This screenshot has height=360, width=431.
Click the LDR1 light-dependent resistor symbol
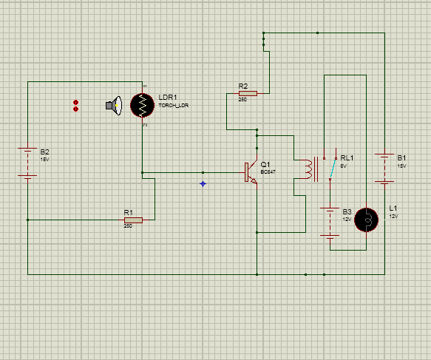142,105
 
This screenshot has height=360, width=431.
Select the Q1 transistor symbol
251,172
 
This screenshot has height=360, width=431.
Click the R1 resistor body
133,220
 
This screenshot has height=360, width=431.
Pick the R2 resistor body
248,93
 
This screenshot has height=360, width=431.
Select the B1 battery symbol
384,168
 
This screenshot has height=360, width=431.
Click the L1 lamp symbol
366,220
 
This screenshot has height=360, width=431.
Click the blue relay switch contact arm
333,168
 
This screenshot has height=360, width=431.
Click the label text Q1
265,164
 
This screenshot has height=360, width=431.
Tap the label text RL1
347,158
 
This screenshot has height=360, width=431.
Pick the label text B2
44,152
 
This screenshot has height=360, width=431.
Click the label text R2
243,86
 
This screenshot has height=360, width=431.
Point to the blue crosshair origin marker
203,183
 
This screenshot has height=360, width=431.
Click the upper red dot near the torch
76,102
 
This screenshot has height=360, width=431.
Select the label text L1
393,208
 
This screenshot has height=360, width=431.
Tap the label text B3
347,211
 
